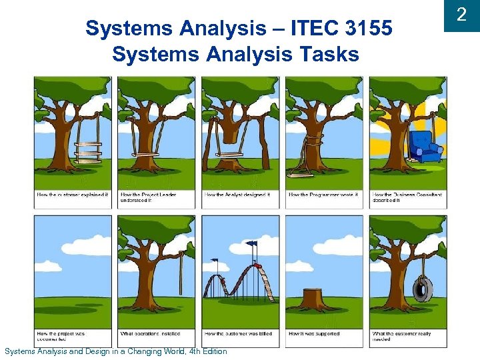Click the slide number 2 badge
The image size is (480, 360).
(x=461, y=15)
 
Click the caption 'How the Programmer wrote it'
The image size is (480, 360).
(x=323, y=195)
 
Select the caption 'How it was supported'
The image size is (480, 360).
(x=314, y=333)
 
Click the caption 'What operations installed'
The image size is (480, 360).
(x=149, y=333)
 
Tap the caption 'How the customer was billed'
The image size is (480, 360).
(x=239, y=333)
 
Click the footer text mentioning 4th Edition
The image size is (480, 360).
(x=116, y=351)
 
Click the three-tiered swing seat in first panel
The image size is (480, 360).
(x=87, y=152)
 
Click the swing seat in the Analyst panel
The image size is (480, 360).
(x=229, y=155)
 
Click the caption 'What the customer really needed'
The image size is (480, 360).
(x=401, y=336)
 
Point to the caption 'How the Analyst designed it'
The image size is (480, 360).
(x=237, y=195)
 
